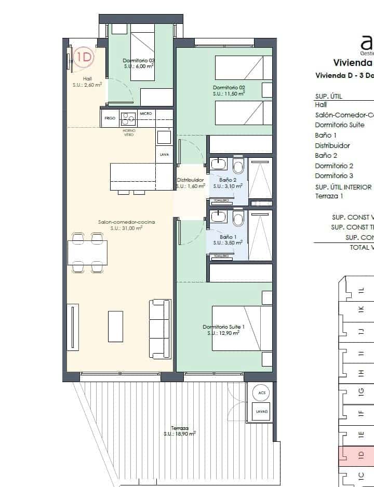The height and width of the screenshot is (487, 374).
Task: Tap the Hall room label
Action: click(x=87, y=79)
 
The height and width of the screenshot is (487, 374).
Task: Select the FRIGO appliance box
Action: click(x=110, y=118)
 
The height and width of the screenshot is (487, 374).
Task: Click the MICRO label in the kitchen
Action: click(x=145, y=113)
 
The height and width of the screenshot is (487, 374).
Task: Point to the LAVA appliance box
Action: click(x=164, y=154)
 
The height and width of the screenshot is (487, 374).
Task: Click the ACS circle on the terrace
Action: click(x=262, y=393)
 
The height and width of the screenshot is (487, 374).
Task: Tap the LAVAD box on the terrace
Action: click(x=262, y=412)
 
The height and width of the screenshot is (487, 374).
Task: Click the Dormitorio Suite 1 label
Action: click(x=223, y=327)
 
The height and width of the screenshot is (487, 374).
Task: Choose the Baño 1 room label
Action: click(x=228, y=237)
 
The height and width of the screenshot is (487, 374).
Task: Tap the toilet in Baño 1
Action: click(x=238, y=219)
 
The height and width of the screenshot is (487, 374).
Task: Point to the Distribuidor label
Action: click(x=190, y=180)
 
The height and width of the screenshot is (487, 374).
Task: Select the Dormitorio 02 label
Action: click(x=229, y=87)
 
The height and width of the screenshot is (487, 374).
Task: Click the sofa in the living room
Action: click(x=160, y=328)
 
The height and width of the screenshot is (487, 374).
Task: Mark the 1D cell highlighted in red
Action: click(x=360, y=455)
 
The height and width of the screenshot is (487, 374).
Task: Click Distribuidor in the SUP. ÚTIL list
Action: click(x=332, y=145)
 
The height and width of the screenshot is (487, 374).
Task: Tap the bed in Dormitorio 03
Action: click(x=139, y=56)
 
